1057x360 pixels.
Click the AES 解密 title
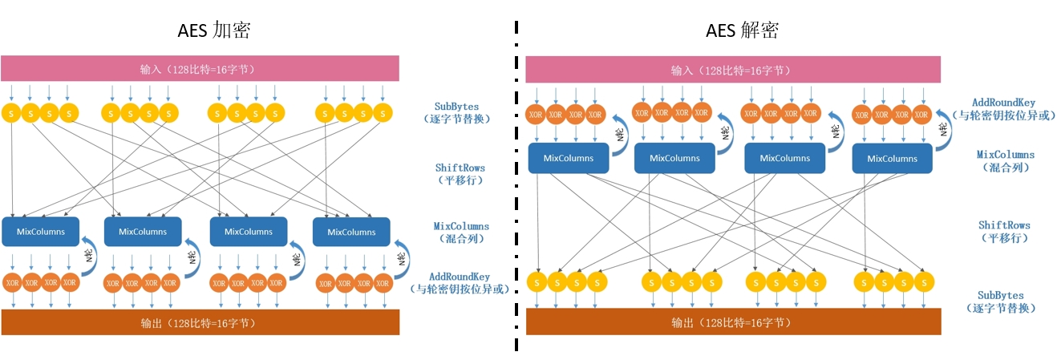coord(743,30)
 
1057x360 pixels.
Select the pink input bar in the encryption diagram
coord(200,68)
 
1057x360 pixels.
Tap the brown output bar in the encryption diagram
coord(200,322)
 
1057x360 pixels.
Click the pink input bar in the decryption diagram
coord(732,70)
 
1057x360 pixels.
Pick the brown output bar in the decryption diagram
coord(732,322)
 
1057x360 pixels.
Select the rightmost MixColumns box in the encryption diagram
coord(351,232)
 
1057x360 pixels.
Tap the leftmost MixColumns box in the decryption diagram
coord(568,158)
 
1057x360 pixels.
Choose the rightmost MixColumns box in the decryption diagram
coord(892,158)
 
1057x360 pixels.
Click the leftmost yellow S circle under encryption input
coord(11,114)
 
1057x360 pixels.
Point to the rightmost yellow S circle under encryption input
coord(383,114)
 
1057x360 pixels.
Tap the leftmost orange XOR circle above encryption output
coord(12,283)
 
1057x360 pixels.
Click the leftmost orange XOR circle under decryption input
coord(536,115)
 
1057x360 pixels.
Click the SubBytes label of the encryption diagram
coord(458,111)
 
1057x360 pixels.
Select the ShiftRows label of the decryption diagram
coord(1003,231)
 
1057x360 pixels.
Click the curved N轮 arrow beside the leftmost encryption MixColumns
coord(91,253)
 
